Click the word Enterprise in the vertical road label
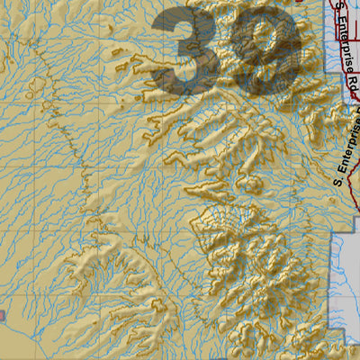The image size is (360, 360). pyautogui.click(x=340, y=45)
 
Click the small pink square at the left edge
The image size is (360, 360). pyautogui.click(x=2, y=317)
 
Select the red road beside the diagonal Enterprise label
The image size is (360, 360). pyautogui.click(x=324, y=162)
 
